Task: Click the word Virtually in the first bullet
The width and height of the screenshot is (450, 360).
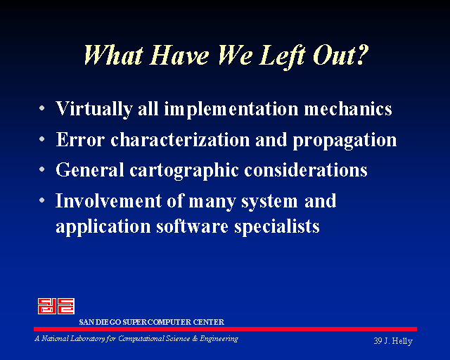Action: [x=94, y=109]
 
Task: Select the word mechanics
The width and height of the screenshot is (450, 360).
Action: [x=348, y=108]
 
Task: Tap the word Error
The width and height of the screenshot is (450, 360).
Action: [x=80, y=139]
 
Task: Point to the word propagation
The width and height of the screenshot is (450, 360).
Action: [x=345, y=141]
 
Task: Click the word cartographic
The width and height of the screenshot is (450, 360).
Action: [x=184, y=171]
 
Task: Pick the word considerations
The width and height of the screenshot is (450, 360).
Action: [x=306, y=169]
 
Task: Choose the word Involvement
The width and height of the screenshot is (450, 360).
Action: [x=108, y=200]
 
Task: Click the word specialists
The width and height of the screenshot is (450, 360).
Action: [x=276, y=227]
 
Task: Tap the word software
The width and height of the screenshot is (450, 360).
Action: [x=192, y=226]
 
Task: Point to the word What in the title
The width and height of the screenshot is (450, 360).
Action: [x=114, y=55]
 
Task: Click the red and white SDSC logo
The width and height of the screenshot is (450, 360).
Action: [x=56, y=306]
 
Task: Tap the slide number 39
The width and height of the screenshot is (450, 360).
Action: [x=378, y=341]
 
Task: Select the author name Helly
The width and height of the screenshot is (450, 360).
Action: [x=402, y=341]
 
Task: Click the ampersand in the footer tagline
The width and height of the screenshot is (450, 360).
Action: [x=195, y=339]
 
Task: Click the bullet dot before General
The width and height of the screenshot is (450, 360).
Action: [x=42, y=169]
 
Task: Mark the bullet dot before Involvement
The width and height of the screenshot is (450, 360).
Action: [x=42, y=200]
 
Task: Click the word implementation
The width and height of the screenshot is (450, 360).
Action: [x=231, y=110]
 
